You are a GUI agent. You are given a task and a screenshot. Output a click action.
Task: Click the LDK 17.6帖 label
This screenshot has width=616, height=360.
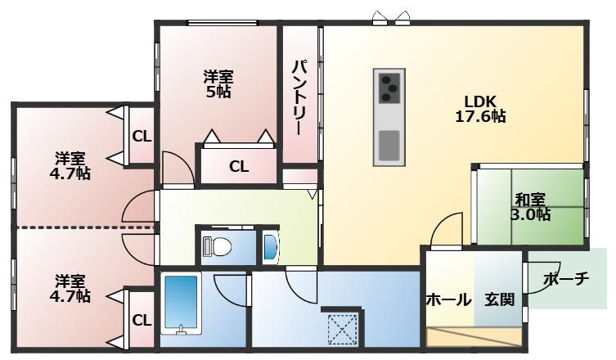coord(480,109)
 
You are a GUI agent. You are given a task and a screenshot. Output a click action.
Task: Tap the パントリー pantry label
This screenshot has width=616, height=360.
coord(299,97)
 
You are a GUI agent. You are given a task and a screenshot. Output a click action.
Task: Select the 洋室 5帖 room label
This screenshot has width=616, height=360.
coord(218,83)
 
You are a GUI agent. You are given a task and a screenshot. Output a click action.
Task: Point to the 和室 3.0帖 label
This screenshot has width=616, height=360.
coord(530,207)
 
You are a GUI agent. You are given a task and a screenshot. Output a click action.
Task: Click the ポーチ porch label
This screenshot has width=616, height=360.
coord(566,279)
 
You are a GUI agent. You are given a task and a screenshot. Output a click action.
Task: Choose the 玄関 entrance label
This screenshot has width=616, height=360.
coord(499,300)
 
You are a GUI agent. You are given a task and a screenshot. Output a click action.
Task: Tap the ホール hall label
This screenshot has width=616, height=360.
coord(448,300)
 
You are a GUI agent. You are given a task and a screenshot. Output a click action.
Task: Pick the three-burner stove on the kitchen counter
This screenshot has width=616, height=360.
coord(389,88)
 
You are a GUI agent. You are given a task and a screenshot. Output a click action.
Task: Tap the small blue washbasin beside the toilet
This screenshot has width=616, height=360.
coord(270,247)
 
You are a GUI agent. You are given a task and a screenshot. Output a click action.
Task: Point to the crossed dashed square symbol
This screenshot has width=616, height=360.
coord(343,330)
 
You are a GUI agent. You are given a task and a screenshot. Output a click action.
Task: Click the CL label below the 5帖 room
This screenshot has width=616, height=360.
coord(239,167)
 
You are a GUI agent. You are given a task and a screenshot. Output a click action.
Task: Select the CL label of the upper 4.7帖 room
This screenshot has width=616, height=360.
coord(142,137)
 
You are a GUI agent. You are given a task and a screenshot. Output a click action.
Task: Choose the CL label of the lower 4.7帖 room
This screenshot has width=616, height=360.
coord(142,320)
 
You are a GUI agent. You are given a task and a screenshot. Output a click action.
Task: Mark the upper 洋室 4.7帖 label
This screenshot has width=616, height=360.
coord(70,166)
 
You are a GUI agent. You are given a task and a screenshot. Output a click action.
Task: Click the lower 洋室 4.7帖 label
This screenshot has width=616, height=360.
coord(70,289)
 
